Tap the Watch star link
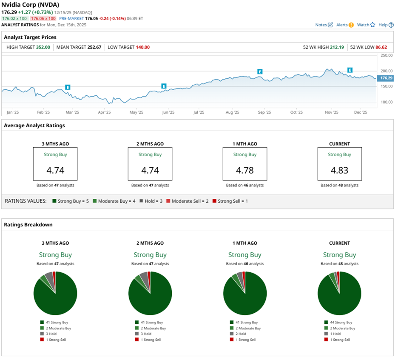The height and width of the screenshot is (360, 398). (366, 25)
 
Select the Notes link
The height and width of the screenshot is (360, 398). (324, 25)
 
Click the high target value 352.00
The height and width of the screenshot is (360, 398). (43, 47)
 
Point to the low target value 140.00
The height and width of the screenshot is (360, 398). (142, 47)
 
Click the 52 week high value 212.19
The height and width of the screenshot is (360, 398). (337, 47)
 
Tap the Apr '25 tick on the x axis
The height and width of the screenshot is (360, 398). (104, 112)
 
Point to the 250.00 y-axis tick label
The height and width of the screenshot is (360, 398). (386, 56)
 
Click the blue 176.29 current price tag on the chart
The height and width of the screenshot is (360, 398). (386, 78)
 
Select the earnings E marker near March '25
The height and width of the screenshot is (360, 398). (68, 87)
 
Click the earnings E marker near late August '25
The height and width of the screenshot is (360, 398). (260, 72)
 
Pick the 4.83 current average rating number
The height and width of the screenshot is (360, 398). (339, 170)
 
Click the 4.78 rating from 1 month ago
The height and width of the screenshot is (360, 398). (244, 170)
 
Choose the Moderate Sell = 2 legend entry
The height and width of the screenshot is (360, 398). (189, 201)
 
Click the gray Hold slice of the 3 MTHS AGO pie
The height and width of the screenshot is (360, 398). (49, 279)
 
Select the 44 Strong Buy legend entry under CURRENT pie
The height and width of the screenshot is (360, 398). (339, 323)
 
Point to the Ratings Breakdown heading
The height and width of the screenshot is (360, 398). (28, 225)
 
